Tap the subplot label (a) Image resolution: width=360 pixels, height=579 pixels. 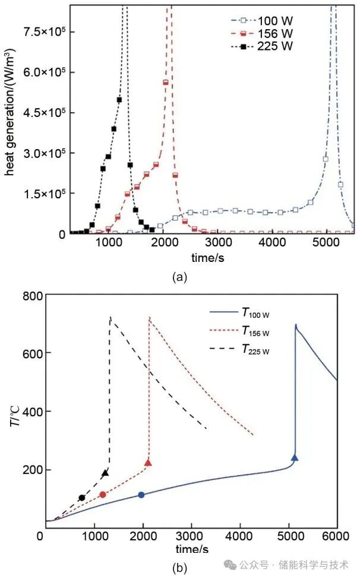point(179,276)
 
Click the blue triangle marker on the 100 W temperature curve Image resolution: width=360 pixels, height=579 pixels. point(295,457)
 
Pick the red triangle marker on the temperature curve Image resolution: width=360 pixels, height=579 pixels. point(149,463)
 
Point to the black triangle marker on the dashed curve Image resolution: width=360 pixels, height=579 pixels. point(105,473)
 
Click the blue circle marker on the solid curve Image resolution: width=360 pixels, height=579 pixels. point(141,495)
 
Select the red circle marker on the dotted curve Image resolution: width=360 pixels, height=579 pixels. point(102,495)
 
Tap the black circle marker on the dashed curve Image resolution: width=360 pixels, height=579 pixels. point(81,498)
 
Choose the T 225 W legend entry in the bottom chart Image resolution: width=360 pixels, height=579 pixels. point(255,349)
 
